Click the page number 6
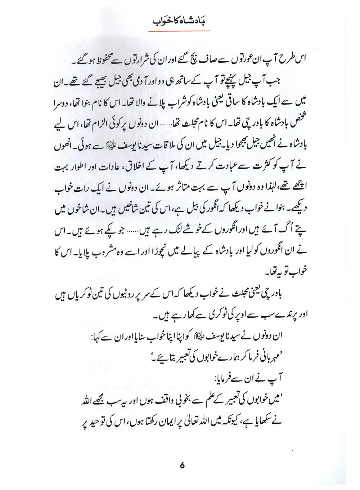click(182, 465)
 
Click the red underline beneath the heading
click(179, 31)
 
